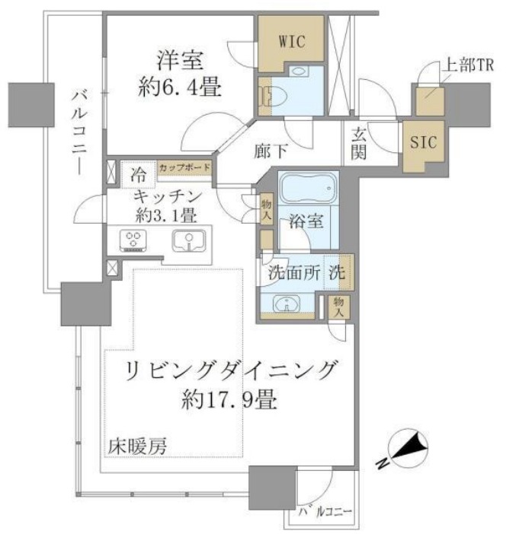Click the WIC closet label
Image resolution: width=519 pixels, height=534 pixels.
coord(291,42)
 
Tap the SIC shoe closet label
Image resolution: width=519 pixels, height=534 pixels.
coord(423,141)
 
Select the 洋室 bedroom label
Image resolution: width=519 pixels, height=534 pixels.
coord(180,61)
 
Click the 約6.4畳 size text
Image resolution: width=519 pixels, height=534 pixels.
coord(180,87)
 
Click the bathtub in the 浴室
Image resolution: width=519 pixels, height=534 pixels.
coord(308,188)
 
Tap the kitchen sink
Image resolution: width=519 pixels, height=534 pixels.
coord(189,240)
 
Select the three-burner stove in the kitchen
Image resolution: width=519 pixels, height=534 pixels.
coord(133,241)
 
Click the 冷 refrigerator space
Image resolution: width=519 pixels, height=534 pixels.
coord(138,175)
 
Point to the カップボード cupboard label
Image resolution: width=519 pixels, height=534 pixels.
coord(184,167)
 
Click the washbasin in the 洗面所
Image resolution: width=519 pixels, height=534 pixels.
coord(287,304)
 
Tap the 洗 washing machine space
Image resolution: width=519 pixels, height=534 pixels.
coord(338,272)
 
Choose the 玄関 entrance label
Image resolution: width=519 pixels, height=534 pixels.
coord(359,143)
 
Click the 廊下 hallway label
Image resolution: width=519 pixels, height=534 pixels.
coord(271,151)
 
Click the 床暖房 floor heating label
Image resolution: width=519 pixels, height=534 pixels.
coord(137,447)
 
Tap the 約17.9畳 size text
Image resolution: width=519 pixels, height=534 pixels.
coord(229,399)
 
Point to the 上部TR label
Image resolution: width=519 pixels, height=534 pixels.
coord(468,65)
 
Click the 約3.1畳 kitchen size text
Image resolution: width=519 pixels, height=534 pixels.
coord(166,215)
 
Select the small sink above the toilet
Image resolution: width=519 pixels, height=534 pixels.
coord(300,72)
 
